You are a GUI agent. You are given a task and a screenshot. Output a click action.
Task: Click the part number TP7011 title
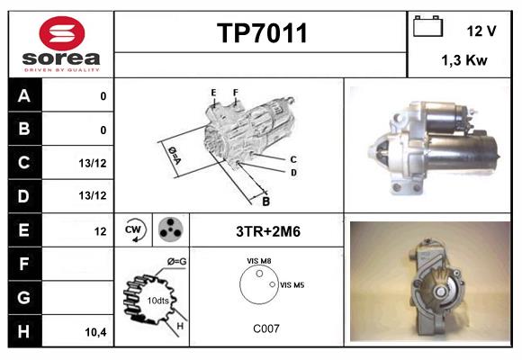pyautogui.click(x=262, y=33)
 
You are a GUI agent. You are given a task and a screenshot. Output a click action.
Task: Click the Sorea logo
pyautogui.click(x=61, y=45)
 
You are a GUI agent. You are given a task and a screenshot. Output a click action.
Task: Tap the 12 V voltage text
pyautogui.click(x=481, y=31)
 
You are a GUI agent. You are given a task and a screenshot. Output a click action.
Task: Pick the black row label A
pyautogui.click(x=25, y=95)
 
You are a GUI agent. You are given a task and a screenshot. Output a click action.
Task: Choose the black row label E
pyautogui.click(x=25, y=230)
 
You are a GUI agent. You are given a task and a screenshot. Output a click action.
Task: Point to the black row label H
pyautogui.click(x=25, y=331)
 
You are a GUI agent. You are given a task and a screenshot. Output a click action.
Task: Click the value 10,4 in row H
pyautogui.click(x=95, y=332)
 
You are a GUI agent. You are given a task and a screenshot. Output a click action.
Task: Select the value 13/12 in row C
pyautogui.click(x=94, y=163)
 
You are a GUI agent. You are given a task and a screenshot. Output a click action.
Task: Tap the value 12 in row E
pyautogui.click(x=101, y=231)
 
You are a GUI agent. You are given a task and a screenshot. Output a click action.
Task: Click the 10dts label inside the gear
pyautogui.click(x=157, y=300)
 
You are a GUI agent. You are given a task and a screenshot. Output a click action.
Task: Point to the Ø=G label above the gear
pyautogui.click(x=177, y=261)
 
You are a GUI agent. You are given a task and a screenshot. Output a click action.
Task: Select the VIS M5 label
pyautogui.click(x=293, y=284)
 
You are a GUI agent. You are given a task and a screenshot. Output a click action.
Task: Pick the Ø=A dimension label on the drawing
pyautogui.click(x=173, y=154)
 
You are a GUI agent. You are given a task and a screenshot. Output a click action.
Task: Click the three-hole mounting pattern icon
pyautogui.click(x=170, y=230)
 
